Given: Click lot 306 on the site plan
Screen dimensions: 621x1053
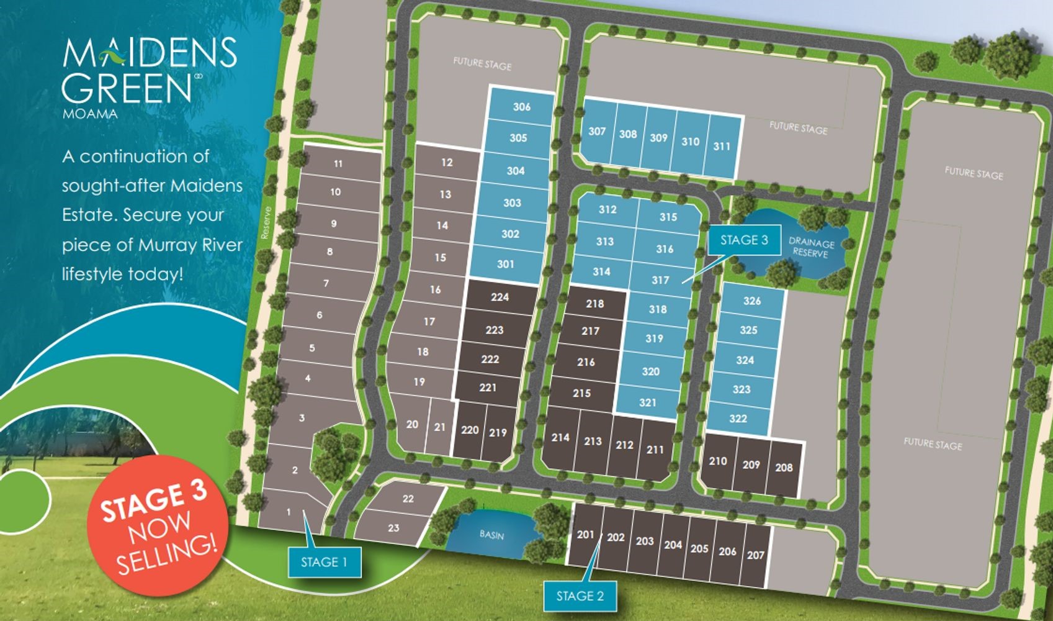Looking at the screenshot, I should (522, 107).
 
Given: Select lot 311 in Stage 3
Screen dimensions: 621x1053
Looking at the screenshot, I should (722, 147).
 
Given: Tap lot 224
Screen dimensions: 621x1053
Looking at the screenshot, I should (500, 297).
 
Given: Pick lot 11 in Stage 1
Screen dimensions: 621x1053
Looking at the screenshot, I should (338, 164).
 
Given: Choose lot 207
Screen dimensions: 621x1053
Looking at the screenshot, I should (755, 555).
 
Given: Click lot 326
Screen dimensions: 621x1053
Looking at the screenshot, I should (752, 301).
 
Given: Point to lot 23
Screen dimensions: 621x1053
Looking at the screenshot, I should (393, 528).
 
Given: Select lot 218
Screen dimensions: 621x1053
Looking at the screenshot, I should (594, 304).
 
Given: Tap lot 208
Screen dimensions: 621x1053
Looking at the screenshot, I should (784, 468).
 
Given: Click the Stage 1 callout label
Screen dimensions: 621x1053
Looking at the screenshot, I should (324, 563).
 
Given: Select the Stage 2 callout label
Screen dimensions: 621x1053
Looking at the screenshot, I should (580, 596).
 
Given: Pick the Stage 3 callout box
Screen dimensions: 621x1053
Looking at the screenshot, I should (744, 240).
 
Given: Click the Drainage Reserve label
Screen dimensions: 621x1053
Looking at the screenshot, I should (811, 248).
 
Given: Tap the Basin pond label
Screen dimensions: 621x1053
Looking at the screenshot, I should (491, 535).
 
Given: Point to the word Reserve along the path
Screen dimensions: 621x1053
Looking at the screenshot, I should (266, 222).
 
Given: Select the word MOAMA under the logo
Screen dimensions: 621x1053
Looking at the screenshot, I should (90, 114).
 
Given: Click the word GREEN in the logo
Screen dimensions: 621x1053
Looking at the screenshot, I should (127, 89).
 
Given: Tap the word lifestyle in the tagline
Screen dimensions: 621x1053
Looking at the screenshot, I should (92, 274).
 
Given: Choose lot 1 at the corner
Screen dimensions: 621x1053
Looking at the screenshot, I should (289, 512).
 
